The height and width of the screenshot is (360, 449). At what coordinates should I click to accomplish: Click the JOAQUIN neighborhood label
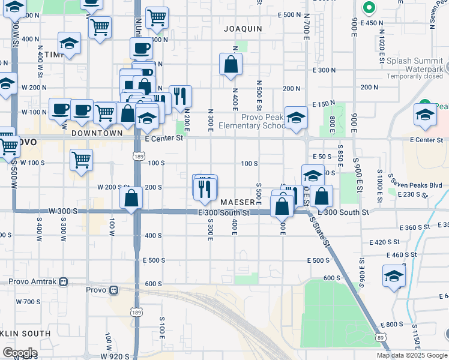[243, 28]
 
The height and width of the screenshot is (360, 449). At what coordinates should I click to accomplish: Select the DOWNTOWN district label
[97, 133]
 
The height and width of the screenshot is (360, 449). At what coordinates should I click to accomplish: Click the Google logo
[19, 353]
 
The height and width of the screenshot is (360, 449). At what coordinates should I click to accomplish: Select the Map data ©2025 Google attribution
[412, 355]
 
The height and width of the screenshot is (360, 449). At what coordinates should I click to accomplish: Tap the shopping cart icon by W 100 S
[81, 160]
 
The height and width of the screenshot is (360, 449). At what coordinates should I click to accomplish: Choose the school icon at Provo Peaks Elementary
[296, 118]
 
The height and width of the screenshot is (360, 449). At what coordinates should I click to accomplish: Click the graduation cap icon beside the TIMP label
[70, 43]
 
